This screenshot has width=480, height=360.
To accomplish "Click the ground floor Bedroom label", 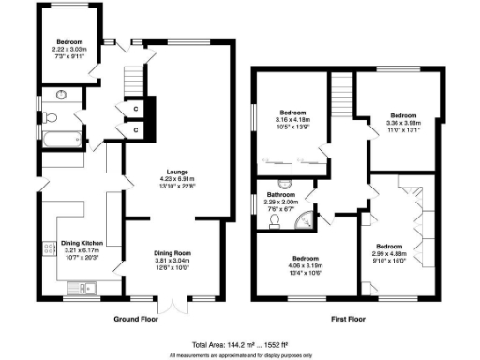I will (x=68, y=42).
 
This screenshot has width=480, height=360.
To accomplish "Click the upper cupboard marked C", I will (x=136, y=108).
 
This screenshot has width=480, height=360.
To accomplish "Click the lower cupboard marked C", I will (x=136, y=128).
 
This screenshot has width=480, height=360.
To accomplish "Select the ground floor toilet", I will (x=52, y=117).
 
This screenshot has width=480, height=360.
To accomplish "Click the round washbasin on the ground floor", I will (x=61, y=94).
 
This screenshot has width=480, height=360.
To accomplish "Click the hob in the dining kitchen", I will (x=47, y=248).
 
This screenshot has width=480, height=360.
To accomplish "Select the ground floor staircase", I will (x=138, y=77).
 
